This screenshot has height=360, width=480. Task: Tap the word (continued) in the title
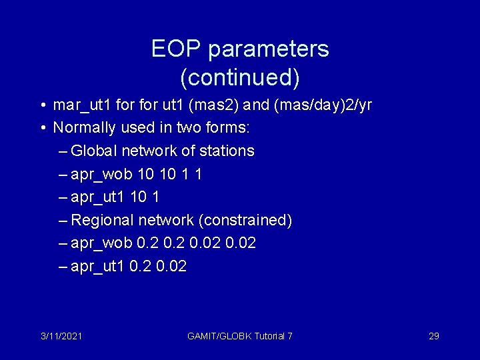tap(240, 78)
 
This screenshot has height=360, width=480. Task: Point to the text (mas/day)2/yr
tap(317, 105)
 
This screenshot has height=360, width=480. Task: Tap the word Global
tap(93, 151)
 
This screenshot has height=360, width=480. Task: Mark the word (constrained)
tap(251, 220)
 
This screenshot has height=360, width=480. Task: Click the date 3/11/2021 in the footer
tap(61, 336)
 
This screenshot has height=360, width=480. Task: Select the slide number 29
tap(433, 336)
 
